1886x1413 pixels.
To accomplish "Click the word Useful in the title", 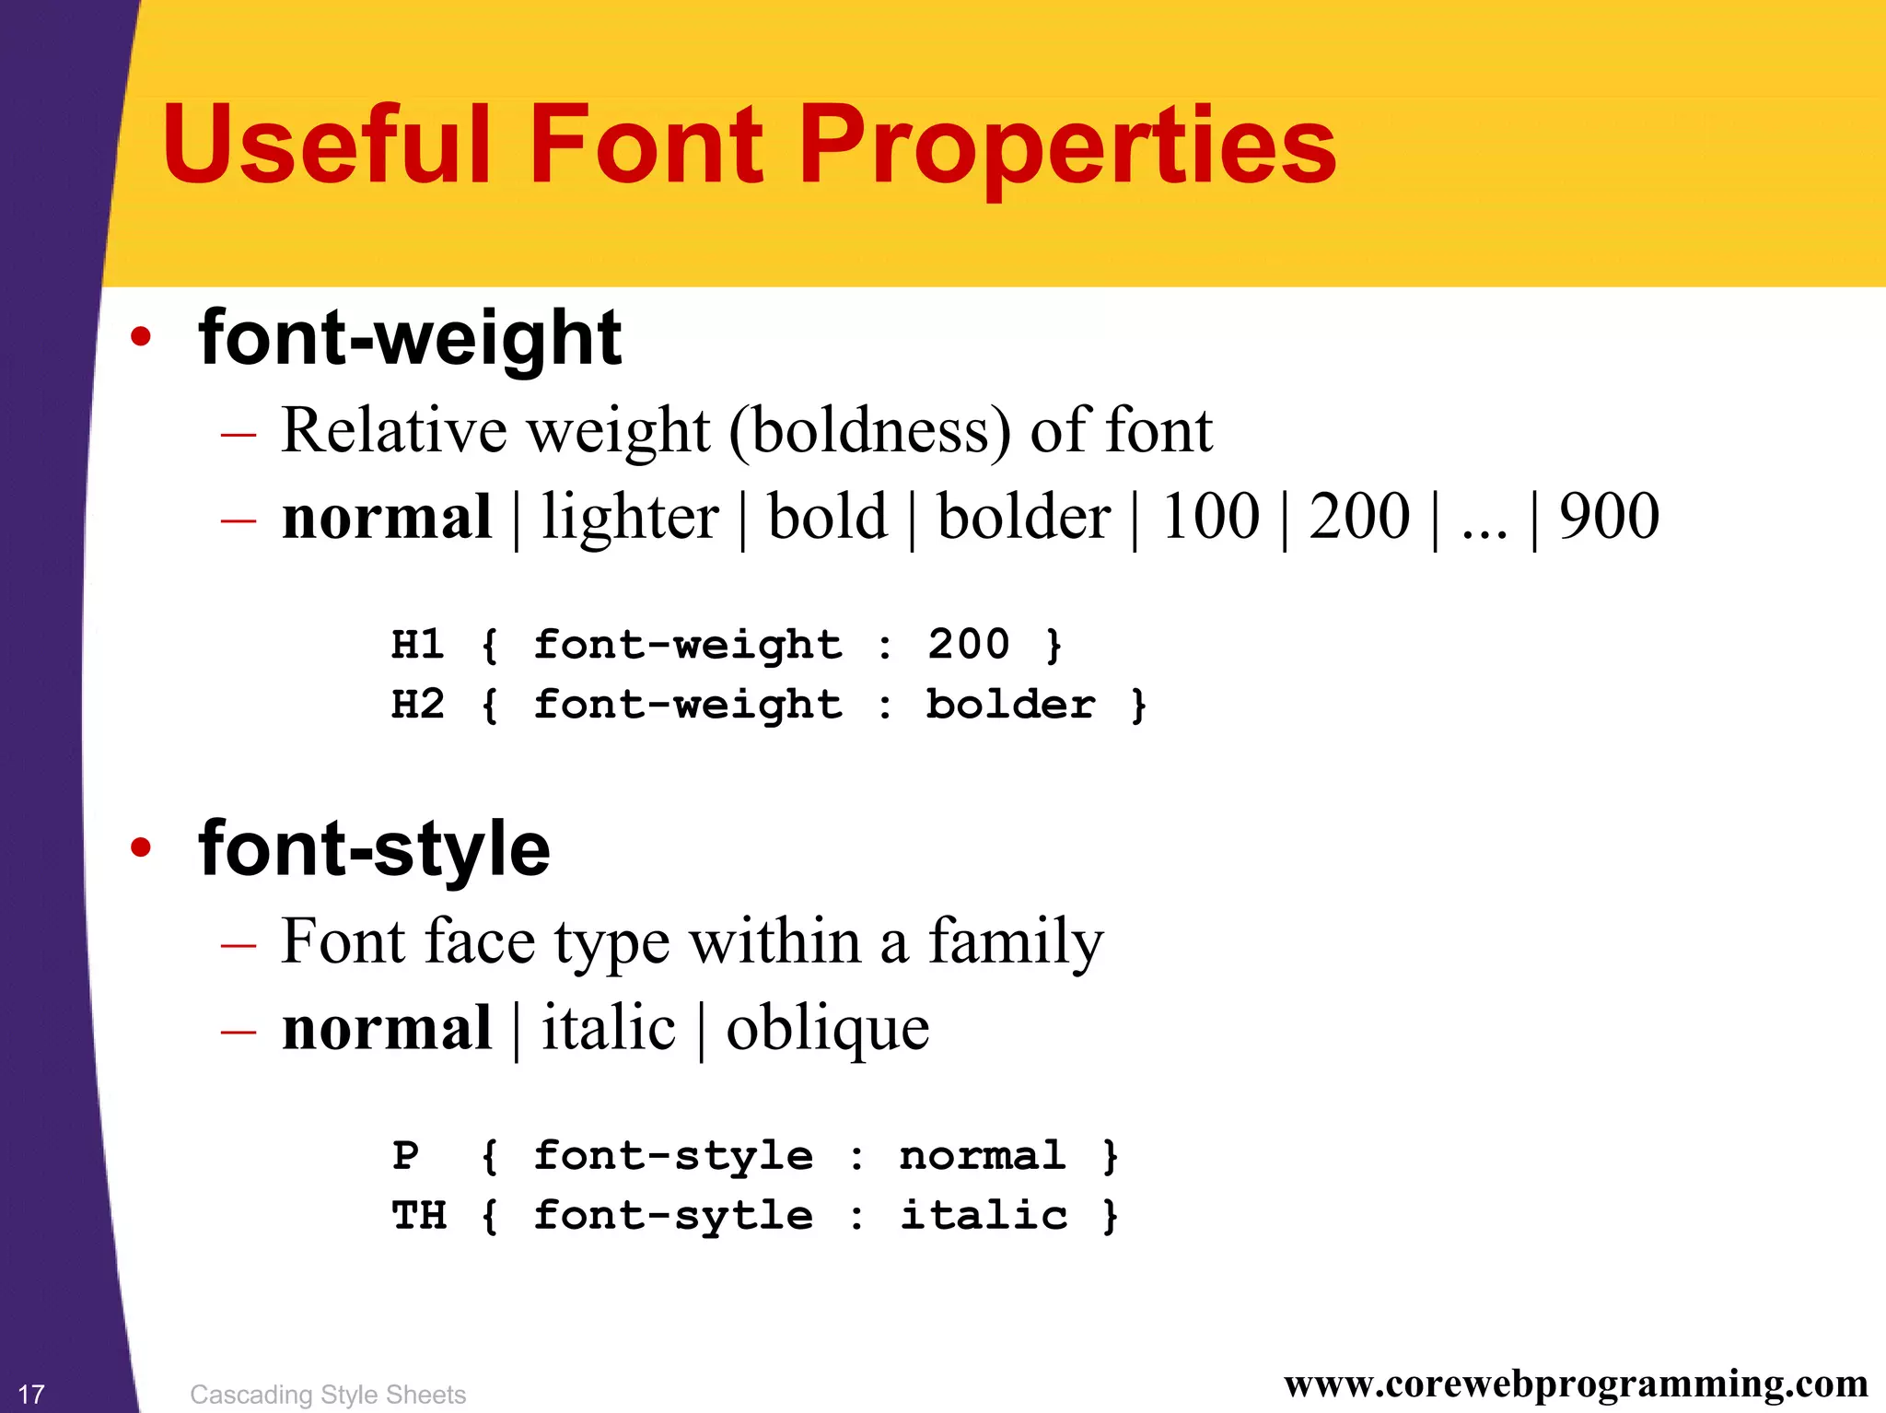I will pyautogui.click(x=327, y=145).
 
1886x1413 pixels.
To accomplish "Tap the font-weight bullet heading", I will pyautogui.click(x=410, y=339).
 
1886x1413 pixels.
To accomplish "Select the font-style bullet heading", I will pyautogui.click(x=374, y=849).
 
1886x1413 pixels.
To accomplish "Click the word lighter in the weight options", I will pyautogui.click(x=630, y=517).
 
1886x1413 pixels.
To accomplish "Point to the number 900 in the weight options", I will pyautogui.click(x=1609, y=517).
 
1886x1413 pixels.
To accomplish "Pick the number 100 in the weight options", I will pyautogui.click(x=1210, y=517).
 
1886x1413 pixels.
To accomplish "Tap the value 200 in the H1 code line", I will pyautogui.click(x=968, y=644).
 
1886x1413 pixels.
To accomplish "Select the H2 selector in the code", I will pyautogui.click(x=418, y=705).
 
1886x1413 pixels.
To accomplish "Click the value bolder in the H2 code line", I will pyautogui.click(x=1010, y=705).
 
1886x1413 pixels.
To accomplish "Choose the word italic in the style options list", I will pyautogui.click(x=609, y=1028).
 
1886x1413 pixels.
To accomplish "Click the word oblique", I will pyautogui.click(x=827, y=1030).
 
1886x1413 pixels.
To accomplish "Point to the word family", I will pyautogui.click(x=1015, y=943).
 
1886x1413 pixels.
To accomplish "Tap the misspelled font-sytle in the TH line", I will pyautogui.click(x=673, y=1216).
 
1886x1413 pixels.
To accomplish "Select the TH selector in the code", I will pyautogui.click(x=419, y=1216).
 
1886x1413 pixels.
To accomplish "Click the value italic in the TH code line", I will pyautogui.click(x=984, y=1216).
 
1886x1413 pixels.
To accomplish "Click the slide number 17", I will pyautogui.click(x=31, y=1394).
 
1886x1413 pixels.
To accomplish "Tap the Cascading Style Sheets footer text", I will pyautogui.click(x=328, y=1395).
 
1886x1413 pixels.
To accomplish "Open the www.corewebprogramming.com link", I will pyautogui.click(x=1575, y=1384).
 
